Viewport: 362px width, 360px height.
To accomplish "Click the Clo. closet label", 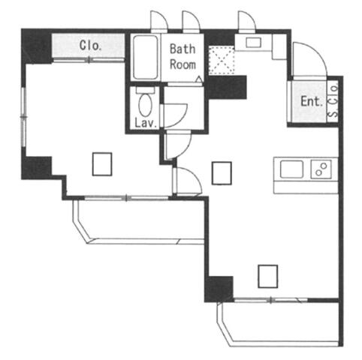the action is [x=90, y=46].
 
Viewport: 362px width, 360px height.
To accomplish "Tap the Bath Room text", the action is [x=183, y=57].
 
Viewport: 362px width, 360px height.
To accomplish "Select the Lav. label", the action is [x=146, y=123].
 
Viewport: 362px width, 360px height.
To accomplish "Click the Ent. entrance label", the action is [x=311, y=101].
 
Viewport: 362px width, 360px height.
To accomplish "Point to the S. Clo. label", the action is [x=333, y=101].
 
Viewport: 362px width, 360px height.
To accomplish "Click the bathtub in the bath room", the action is [x=146, y=58].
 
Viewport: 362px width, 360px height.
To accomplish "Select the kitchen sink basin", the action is [x=291, y=169].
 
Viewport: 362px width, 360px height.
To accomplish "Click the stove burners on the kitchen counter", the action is [x=321, y=169].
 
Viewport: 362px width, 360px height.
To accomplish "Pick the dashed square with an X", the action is [x=222, y=60].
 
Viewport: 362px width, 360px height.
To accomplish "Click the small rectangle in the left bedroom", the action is [x=102, y=164].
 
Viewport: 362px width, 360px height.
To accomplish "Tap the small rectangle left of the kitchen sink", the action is [x=222, y=173].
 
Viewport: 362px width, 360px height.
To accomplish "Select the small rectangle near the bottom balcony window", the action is [x=268, y=276].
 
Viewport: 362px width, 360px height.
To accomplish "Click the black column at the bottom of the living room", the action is [x=219, y=289].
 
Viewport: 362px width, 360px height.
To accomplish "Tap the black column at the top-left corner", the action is [x=37, y=46].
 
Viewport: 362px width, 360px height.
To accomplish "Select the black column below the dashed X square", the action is [x=227, y=87].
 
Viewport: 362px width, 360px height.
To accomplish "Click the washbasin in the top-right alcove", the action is [x=253, y=42].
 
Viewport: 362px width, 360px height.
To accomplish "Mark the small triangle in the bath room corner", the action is [x=199, y=79].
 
